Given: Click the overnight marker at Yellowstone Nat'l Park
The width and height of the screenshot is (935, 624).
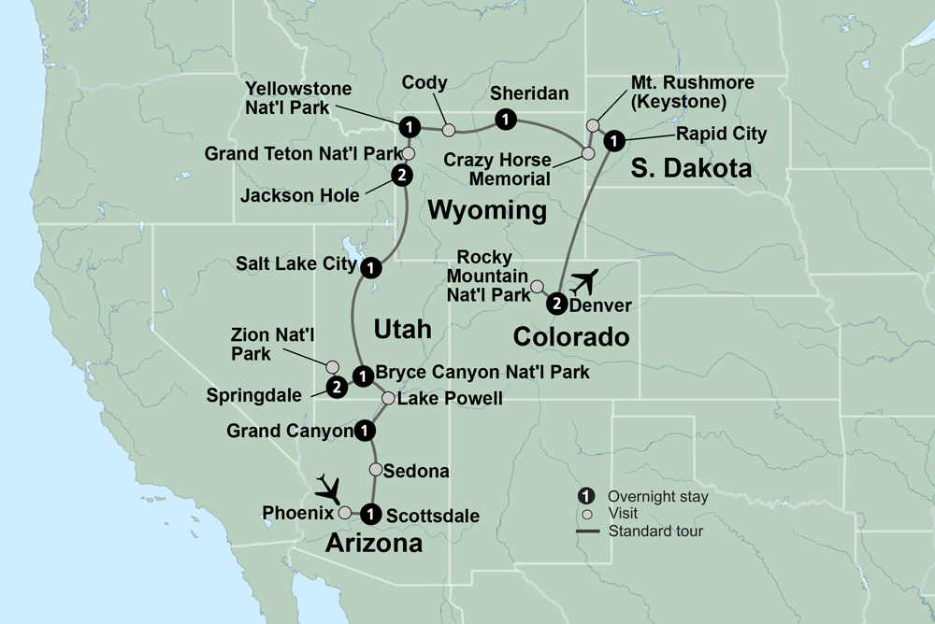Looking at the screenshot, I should (x=408, y=126).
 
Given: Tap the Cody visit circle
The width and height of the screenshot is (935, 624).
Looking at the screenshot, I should (x=449, y=129).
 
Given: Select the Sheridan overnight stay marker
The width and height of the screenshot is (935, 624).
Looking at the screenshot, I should (x=505, y=119).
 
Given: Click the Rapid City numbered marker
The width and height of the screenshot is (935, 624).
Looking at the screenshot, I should (x=613, y=141).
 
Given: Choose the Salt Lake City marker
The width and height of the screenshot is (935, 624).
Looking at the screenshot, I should (x=371, y=267).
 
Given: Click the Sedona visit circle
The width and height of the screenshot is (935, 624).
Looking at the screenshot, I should (x=376, y=470).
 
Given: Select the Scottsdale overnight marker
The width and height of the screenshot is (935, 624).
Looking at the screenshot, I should (x=371, y=513).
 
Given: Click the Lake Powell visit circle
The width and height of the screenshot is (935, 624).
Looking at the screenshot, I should (x=387, y=399).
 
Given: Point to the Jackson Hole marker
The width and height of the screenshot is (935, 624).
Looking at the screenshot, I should (x=400, y=175).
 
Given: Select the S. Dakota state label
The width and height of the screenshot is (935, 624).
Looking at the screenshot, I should (x=691, y=169).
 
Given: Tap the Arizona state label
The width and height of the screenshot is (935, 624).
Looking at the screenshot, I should (x=373, y=543).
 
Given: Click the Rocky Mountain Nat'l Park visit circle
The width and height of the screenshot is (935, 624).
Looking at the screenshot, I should (x=537, y=287).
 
